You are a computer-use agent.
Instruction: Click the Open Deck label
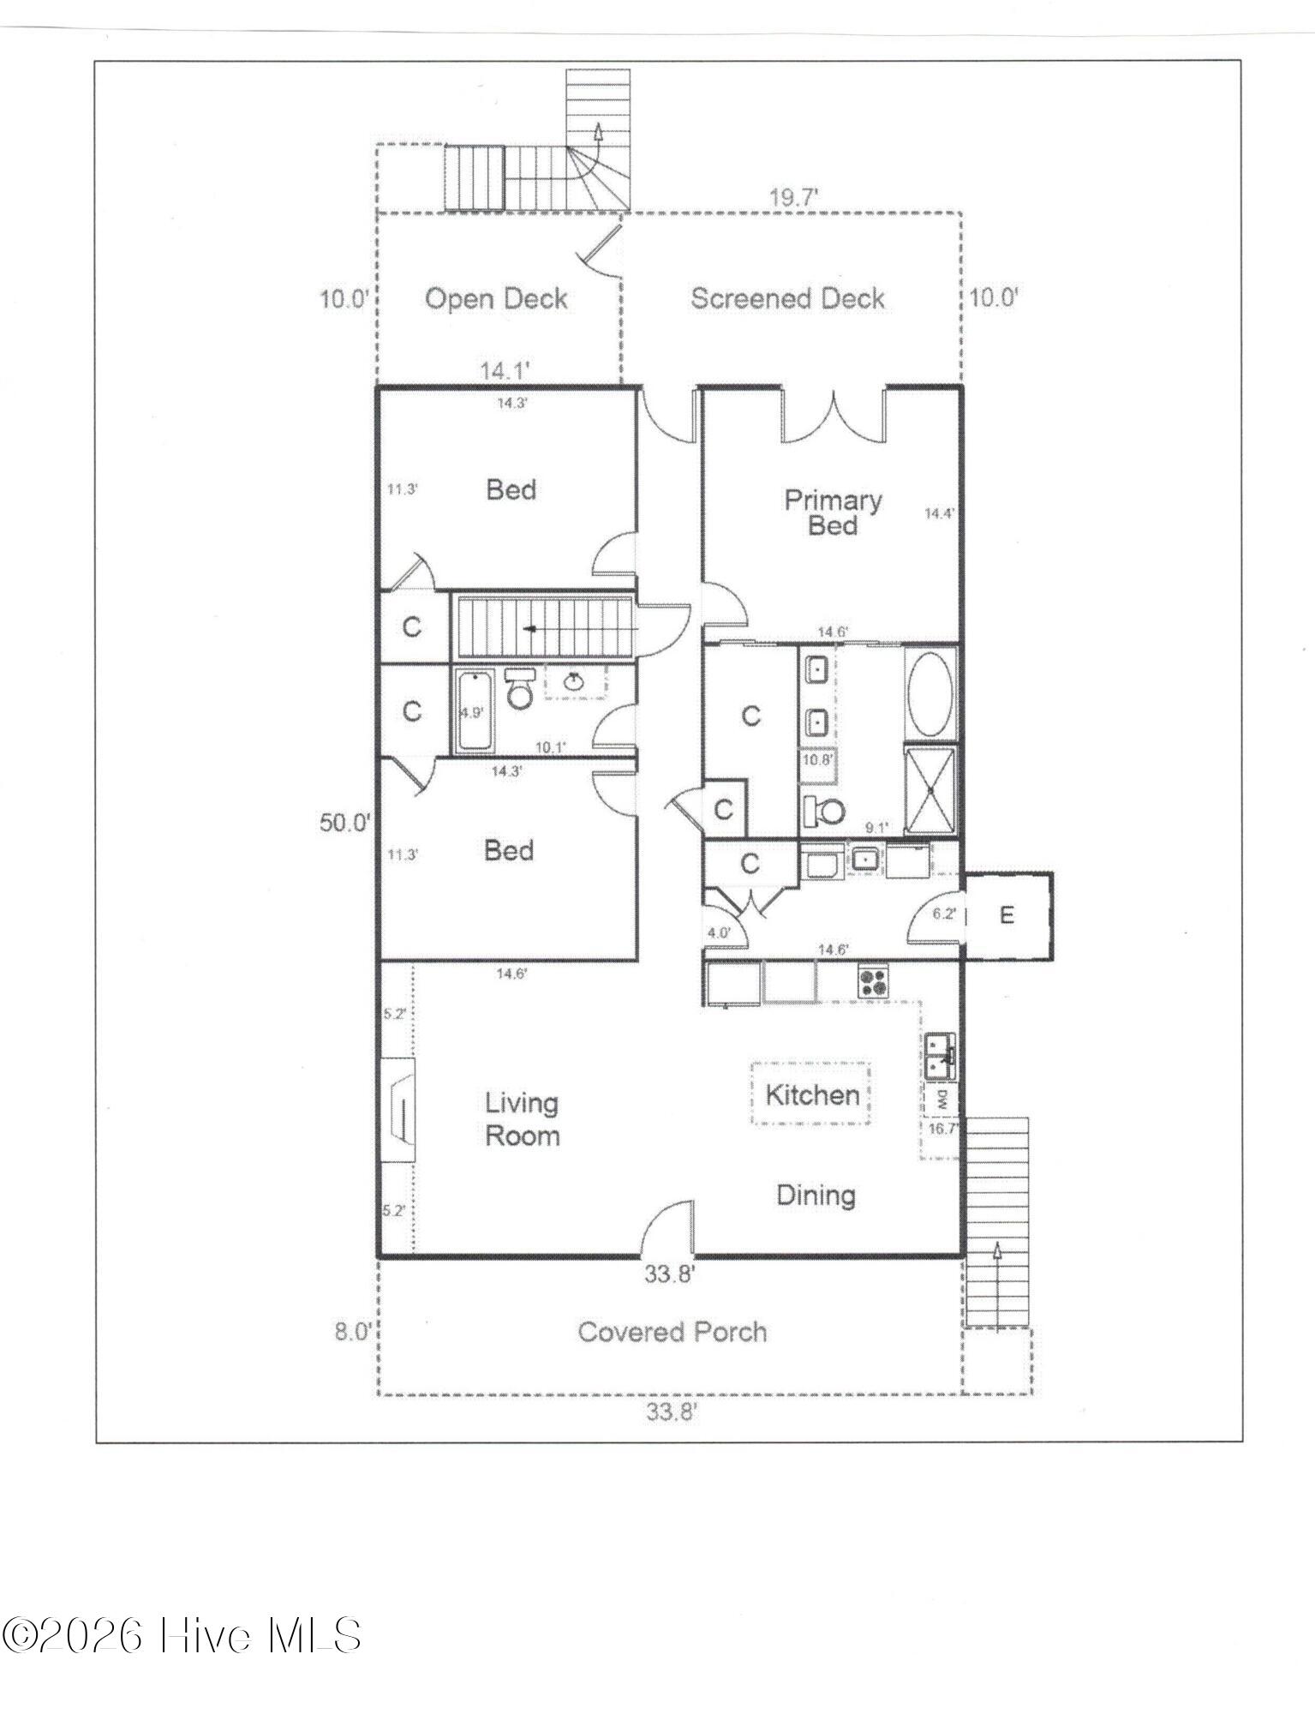496,298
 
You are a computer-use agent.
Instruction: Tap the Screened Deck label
787,298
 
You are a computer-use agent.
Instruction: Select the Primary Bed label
833,512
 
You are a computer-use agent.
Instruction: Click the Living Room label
523,1119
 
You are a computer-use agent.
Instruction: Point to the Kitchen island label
812,1094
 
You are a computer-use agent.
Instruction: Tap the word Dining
816,1195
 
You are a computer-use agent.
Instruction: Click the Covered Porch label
672,1331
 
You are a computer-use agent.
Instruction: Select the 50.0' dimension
345,823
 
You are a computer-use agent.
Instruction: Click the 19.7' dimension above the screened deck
793,198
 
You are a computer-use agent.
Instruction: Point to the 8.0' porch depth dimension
352,1332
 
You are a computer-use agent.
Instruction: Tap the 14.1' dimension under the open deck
505,371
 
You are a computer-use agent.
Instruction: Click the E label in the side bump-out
1007,915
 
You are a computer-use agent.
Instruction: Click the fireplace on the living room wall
398,1110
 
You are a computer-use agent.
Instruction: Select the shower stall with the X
930,789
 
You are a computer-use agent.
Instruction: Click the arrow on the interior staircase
531,629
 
